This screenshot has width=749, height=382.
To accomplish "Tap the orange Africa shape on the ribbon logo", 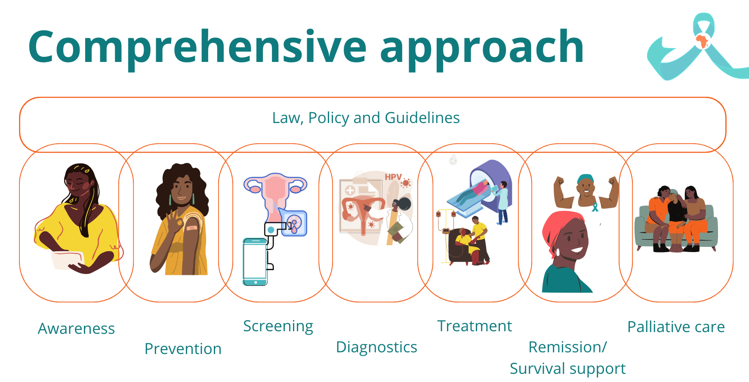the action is click(702, 41).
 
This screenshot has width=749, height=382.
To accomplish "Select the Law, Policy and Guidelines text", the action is click(366, 118).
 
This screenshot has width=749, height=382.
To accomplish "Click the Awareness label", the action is click(77, 329).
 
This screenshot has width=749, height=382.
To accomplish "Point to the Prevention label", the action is click(183, 349).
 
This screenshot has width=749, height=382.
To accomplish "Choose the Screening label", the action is click(278, 327).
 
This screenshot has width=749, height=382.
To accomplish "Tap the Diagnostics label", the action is click(376, 347).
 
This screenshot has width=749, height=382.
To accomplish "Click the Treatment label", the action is click(475, 326).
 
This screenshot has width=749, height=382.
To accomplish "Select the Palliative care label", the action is click(676, 327).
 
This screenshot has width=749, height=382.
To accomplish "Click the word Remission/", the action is click(567, 347).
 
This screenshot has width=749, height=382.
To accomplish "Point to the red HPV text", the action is click(393, 177).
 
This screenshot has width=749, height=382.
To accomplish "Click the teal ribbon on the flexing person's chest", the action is click(595, 207).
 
